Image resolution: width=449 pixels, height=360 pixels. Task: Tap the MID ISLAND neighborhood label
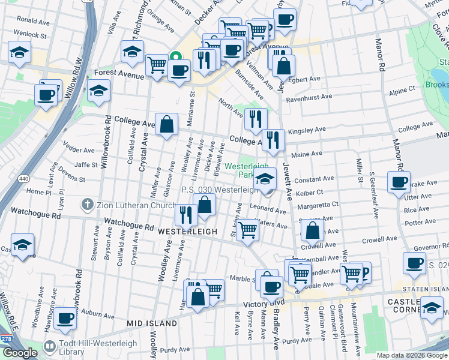(152, 323)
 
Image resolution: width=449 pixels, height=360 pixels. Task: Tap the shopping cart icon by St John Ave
(247, 230)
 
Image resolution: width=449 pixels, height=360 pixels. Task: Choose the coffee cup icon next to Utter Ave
(399, 182)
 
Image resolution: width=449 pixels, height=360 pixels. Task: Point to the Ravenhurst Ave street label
(309, 97)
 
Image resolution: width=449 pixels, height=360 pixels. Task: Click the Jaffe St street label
(86, 164)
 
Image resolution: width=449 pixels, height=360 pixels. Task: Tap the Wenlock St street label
(31, 35)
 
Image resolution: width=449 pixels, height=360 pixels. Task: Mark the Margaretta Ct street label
(318, 204)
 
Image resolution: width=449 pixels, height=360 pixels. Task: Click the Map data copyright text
(411, 355)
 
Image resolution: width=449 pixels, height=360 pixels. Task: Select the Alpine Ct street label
(402, 89)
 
